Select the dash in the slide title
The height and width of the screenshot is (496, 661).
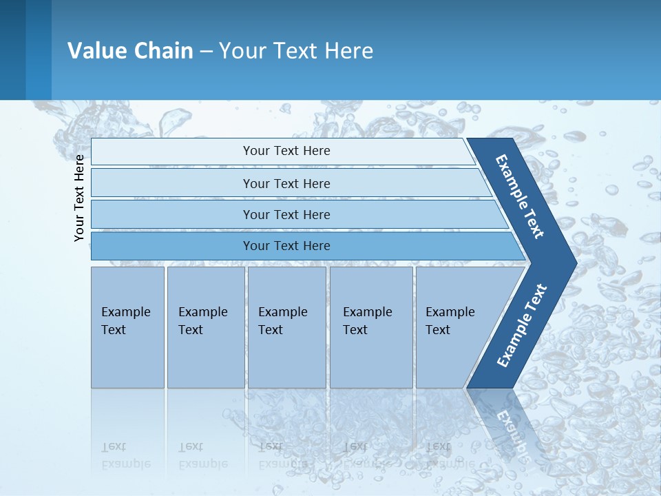coord(206,52)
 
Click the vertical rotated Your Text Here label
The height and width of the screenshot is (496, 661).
coord(79,198)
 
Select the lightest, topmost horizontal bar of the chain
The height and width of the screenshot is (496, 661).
coord(286,151)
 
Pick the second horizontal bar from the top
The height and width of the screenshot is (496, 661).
coord(286,183)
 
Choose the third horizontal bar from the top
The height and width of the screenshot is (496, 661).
coord(286,214)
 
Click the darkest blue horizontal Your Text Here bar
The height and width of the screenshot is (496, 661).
coord(286,246)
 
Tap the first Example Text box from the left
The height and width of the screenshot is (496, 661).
coord(127,327)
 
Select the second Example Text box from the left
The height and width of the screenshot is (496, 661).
coord(205,327)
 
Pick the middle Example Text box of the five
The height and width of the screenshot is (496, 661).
coord(286,327)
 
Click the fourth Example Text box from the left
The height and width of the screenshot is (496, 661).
coord(371,327)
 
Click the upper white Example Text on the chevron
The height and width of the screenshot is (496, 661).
coord(520,196)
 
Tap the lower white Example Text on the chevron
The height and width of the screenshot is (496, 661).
coord(521,326)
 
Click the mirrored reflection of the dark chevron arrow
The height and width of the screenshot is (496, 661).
coord(506,420)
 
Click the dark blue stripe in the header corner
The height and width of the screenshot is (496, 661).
coord(39,50)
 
